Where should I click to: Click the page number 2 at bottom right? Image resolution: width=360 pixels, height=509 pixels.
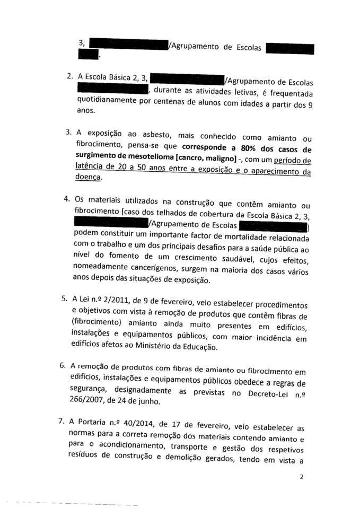tap(301, 477)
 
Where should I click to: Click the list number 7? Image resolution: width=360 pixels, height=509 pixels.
tap(64, 422)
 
